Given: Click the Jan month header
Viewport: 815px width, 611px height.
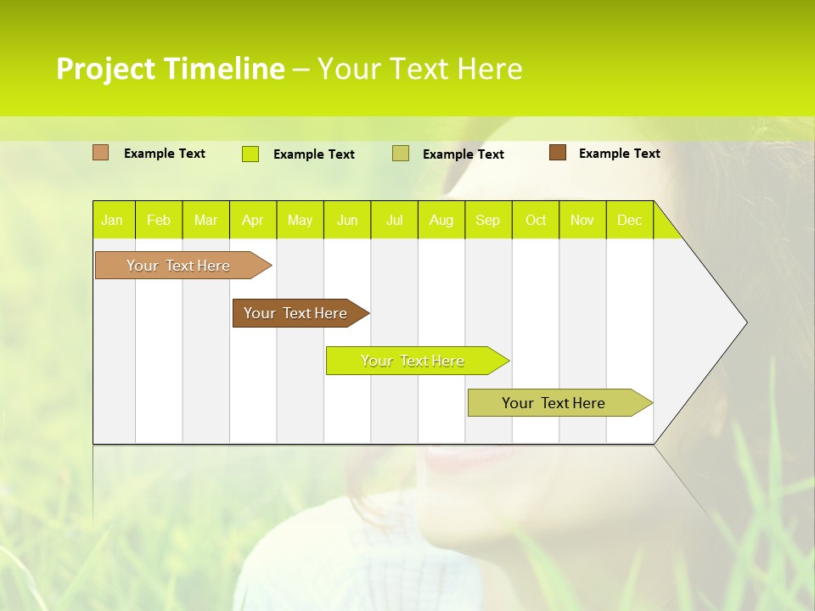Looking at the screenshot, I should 112,220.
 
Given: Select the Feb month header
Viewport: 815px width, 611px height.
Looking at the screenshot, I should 159,220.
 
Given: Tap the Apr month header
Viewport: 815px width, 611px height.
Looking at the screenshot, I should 253,220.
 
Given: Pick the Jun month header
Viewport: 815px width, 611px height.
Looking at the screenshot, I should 347,220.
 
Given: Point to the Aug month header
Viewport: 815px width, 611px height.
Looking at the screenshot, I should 441,220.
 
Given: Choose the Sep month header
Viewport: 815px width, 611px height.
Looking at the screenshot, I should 488,220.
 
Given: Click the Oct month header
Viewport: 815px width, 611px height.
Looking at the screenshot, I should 536,220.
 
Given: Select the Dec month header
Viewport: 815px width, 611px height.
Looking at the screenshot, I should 630,220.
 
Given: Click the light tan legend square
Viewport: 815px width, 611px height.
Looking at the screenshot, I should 101,153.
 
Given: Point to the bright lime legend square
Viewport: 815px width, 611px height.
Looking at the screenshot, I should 250,154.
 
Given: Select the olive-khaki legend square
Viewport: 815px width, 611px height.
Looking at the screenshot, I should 401,154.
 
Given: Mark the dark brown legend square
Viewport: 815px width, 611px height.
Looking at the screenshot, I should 558,153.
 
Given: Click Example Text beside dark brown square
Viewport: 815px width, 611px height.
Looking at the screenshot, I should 619,154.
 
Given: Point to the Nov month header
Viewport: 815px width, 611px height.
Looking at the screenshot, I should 582,220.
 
